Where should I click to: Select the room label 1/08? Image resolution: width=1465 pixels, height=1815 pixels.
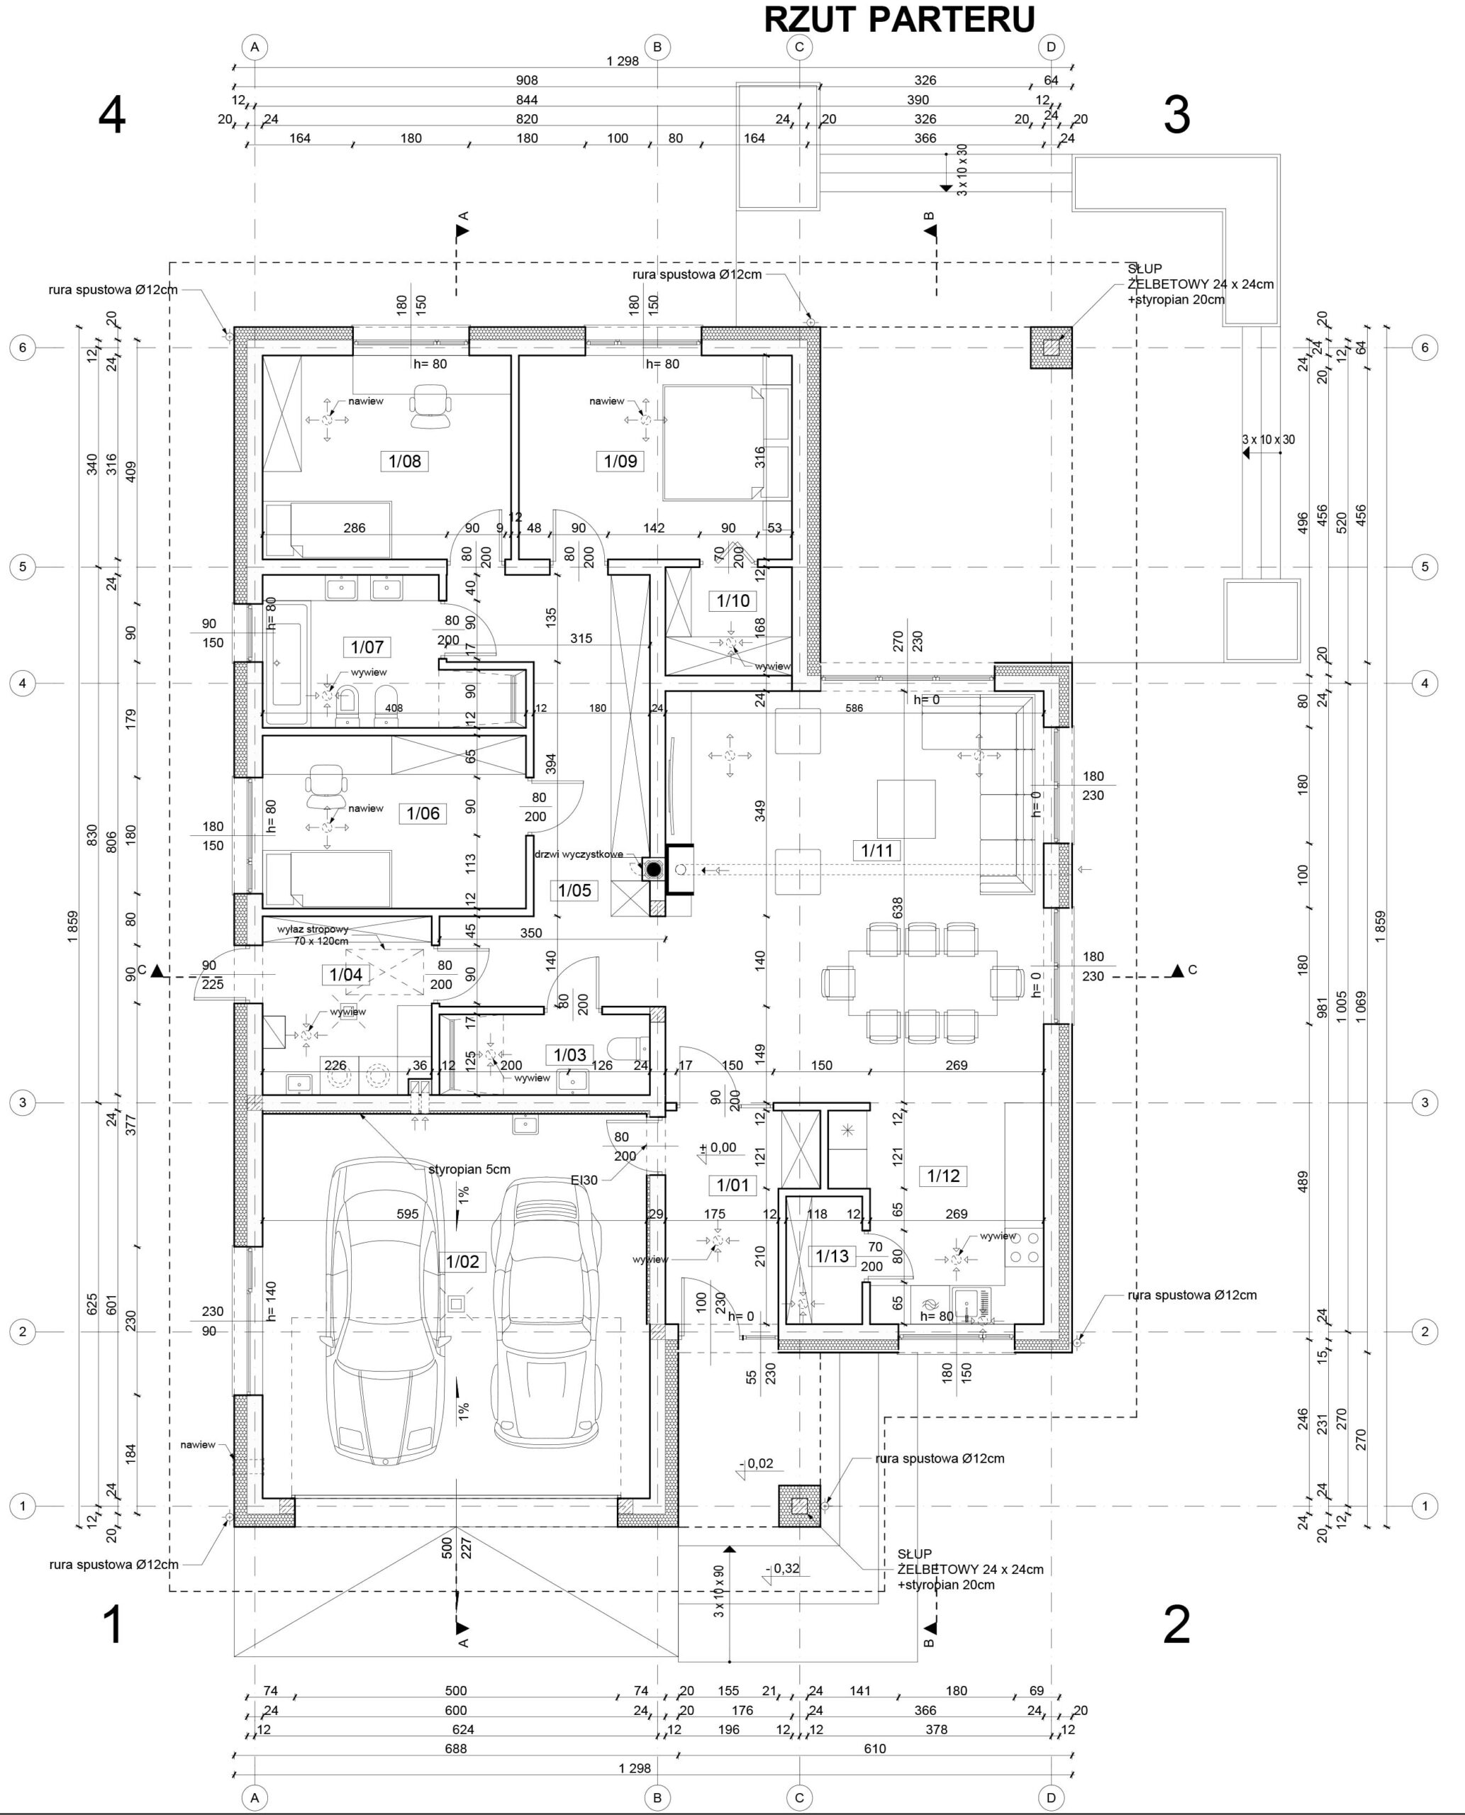[405, 462]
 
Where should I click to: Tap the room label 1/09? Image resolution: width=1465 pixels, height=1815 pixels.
[620, 462]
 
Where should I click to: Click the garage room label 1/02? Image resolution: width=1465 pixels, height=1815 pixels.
[462, 1261]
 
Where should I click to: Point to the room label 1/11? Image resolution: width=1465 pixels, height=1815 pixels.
[877, 851]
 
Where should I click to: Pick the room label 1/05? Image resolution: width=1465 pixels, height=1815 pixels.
[574, 890]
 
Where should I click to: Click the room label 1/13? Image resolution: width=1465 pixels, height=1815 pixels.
[832, 1256]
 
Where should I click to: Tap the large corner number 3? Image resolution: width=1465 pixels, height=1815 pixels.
[1176, 116]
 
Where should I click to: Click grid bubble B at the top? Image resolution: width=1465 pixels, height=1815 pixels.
[657, 48]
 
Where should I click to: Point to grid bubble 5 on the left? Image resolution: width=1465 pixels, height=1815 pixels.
[23, 566]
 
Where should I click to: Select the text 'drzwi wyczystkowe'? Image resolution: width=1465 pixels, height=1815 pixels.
[578, 854]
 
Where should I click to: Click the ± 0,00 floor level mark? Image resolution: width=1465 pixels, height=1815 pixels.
[718, 1149]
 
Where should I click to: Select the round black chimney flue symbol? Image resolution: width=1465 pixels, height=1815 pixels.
[653, 869]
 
